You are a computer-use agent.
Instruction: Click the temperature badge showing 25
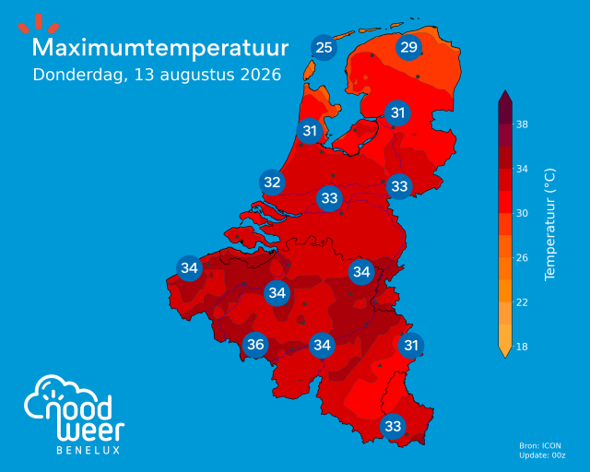tap(324, 47)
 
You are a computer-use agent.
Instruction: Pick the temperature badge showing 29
tap(408, 47)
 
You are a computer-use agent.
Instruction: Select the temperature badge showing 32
tap(272, 183)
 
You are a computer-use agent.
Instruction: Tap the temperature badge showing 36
tap(255, 345)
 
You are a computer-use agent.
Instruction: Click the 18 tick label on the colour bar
tap(522, 347)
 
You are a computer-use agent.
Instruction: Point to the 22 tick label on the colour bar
tap(522, 302)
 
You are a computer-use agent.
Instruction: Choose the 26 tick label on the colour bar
tap(522, 258)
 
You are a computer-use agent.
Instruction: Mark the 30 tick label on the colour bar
tap(522, 214)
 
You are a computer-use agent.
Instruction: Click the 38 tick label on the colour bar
tap(522, 124)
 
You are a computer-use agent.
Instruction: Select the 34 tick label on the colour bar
tap(522, 169)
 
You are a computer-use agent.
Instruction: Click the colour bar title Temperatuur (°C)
tap(549, 224)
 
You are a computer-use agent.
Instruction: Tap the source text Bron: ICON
tap(540, 445)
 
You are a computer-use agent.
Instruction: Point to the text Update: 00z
tap(542, 455)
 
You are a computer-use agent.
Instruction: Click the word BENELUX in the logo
tap(88, 450)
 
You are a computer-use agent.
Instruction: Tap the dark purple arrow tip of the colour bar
tap(505, 96)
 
